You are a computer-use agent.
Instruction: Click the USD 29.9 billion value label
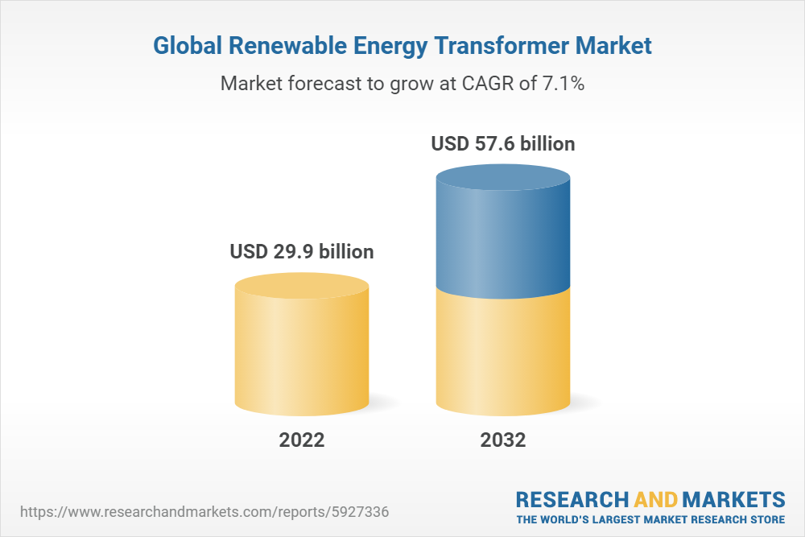pos(302,252)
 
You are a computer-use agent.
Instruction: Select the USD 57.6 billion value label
pos(503,144)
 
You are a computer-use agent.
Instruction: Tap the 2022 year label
pos(302,440)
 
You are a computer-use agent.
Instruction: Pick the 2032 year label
pos(503,440)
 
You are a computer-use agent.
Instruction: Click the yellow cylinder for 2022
pos(302,354)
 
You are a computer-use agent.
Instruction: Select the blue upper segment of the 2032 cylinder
pos(503,242)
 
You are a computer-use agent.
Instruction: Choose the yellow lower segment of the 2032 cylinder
pos(503,354)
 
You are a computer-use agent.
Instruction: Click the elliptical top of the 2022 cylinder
pos(302,286)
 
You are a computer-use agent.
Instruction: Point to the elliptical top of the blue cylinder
pos(503,178)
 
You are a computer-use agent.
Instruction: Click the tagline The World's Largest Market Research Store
pos(650,519)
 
